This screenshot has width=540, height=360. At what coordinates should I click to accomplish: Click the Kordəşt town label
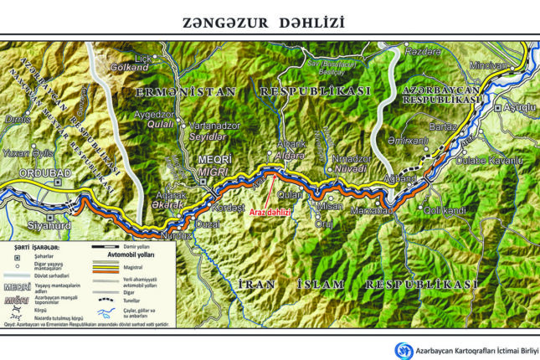(x=227, y=207)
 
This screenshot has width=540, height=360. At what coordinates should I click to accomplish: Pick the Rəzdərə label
(x=421, y=51)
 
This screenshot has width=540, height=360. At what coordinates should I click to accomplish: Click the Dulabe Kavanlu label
(x=491, y=160)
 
